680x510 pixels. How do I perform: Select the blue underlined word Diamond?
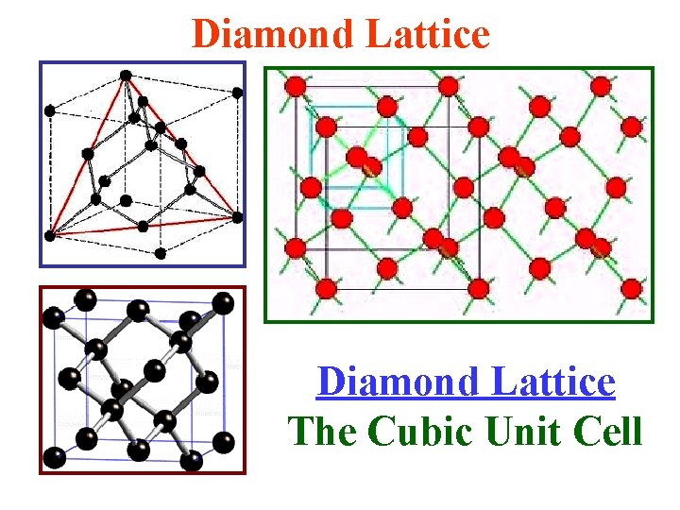tap(389, 382)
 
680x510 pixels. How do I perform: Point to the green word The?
tap(324, 432)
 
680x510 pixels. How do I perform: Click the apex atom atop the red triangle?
tap(126, 74)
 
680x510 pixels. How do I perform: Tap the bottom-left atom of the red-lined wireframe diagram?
tap(50, 234)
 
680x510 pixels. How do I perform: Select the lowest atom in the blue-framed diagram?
tap(161, 253)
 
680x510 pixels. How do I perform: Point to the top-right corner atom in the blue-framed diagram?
tap(237, 93)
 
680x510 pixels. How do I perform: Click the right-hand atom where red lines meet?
tap(237, 216)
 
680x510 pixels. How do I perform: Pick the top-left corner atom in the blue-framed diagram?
tap(50, 110)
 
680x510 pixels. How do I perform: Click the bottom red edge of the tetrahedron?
tap(142, 226)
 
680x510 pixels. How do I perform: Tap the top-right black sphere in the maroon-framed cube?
tap(224, 302)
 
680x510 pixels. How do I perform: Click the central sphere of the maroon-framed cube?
tap(123, 389)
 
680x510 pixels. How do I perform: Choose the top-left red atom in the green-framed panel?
tap(295, 87)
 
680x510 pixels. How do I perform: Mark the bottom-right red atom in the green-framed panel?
tap(632, 287)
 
